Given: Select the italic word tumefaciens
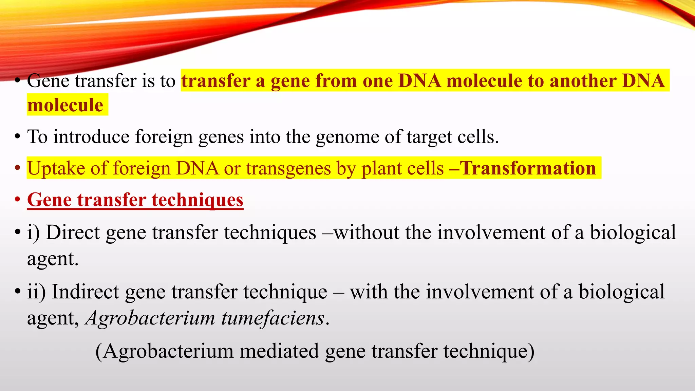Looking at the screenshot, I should [x=273, y=318].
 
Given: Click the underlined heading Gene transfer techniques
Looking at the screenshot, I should [x=135, y=200].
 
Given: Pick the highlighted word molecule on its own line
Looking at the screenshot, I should [x=65, y=105].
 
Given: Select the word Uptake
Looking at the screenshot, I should [x=56, y=168].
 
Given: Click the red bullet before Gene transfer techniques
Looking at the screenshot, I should [x=17, y=200].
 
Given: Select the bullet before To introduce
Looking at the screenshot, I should [x=17, y=137].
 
